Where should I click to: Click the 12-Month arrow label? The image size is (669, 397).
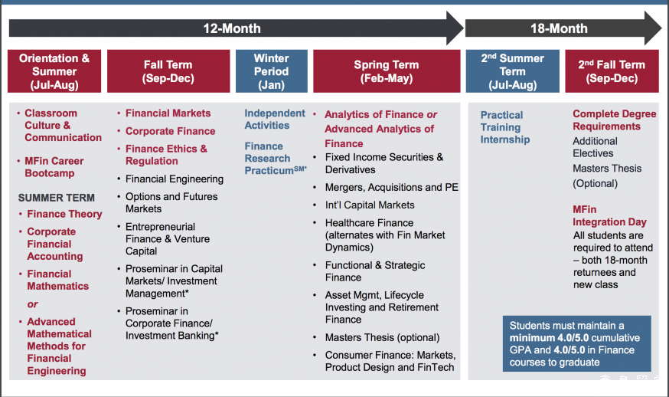coord(232,28)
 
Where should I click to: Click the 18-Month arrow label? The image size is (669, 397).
coord(559,28)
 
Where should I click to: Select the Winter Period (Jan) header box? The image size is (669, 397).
coord(272,71)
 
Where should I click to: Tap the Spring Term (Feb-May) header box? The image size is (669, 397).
coord(387,71)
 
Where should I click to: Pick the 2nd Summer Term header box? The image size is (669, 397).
coord(512,71)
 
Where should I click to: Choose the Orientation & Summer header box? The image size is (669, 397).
coord(54,71)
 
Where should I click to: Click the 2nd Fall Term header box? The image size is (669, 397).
coord(612,71)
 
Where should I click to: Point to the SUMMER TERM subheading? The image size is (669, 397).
coord(57,198)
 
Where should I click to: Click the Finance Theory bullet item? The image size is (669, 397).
coord(64,214)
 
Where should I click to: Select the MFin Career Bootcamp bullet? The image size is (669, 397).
coord(54,167)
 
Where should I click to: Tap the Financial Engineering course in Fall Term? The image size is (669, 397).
coord(175,179)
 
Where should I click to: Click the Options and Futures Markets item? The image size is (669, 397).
coord(171,202)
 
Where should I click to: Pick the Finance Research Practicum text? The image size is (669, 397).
coord(276,159)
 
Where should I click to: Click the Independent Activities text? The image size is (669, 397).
coord(275,120)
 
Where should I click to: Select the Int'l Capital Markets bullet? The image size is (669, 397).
coord(370,205)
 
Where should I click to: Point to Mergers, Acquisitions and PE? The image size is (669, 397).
coord(392,187)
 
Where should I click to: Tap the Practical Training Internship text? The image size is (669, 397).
coord(505,127)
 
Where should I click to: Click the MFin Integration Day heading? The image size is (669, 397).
coord(610,216)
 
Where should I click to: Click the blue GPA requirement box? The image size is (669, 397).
coord(577,343)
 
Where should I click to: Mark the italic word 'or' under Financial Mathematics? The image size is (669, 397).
coord(32,304)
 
